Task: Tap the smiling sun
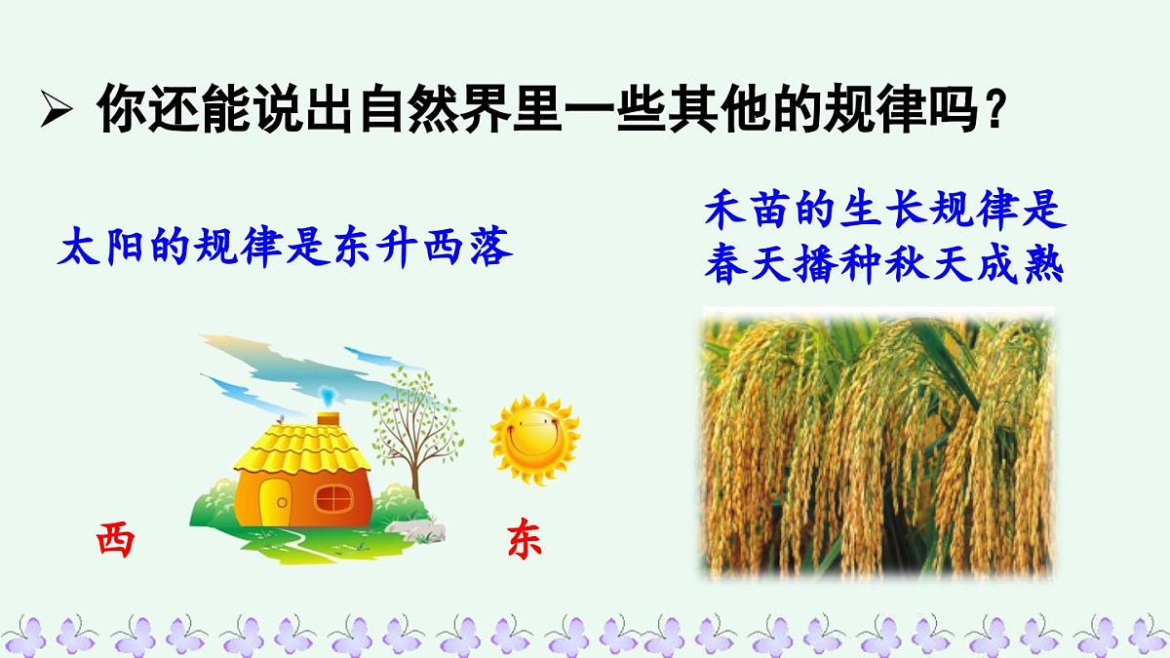pyautogui.click(x=534, y=439)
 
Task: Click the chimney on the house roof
pyautogui.click(x=328, y=418)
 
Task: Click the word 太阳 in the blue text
pyautogui.click(x=97, y=248)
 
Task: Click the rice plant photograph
pyautogui.click(x=877, y=444)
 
